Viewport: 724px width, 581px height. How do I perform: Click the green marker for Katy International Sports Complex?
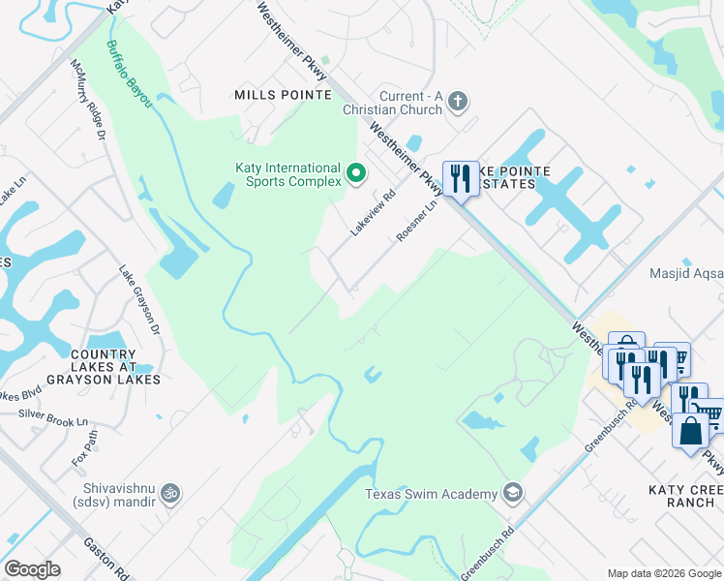coord(356,174)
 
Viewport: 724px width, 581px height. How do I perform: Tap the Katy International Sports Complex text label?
coord(288,174)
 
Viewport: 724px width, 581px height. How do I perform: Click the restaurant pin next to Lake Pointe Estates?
coord(460,178)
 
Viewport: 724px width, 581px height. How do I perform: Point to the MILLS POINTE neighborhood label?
coord(283,95)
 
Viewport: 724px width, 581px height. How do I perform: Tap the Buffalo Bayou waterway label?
coord(130,73)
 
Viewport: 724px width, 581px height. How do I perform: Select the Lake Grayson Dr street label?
coord(140,300)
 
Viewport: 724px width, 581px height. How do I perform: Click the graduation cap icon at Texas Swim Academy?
coord(512,494)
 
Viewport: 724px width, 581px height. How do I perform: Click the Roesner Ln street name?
coord(418,222)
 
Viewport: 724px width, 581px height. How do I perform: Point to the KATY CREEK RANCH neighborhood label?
coord(681,496)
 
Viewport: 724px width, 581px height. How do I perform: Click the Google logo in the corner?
coord(32,569)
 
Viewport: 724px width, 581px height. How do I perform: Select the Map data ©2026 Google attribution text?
coord(664,573)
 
